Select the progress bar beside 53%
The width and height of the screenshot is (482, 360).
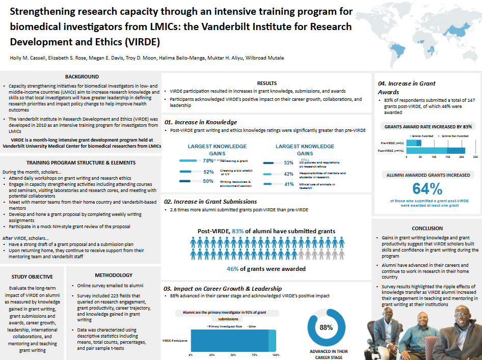272,163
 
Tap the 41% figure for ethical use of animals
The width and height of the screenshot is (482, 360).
289,184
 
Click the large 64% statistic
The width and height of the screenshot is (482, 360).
427,188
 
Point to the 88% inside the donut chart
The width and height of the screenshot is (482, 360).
326,327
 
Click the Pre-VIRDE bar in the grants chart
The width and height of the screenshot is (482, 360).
410,143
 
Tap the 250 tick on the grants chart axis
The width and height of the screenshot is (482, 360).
475,157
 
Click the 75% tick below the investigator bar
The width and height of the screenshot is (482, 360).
255,354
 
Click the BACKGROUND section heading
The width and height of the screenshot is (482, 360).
82,76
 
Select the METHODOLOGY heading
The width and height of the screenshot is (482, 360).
114,275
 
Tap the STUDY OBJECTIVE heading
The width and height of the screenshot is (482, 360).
32,277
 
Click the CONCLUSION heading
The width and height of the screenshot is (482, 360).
427,228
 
